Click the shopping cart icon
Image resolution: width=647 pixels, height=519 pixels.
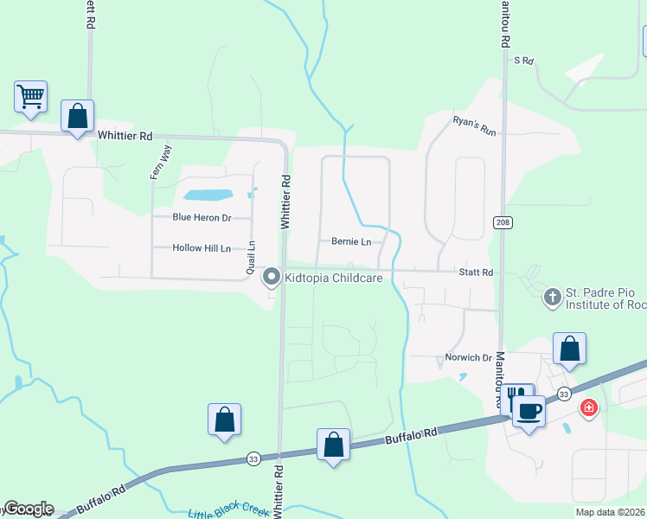coord(31,96)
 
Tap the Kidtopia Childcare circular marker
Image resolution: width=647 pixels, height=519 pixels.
coord(272,278)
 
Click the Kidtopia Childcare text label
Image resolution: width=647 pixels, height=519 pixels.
coord(334,279)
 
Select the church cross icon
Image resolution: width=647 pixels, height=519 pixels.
coord(551,298)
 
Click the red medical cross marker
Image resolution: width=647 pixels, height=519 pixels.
coord(589,407)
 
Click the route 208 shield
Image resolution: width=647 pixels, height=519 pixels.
coord(503,222)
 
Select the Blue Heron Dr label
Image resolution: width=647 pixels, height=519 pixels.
coord(202,218)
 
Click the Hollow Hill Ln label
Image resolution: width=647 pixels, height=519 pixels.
coord(202,248)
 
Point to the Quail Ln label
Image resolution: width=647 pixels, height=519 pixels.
coord(251,257)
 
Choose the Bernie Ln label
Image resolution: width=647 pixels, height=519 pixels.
coord(351,241)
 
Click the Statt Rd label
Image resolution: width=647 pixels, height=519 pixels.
coord(476,272)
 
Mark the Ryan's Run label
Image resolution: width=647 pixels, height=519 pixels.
coord(475,126)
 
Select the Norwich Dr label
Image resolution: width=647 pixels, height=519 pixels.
coord(469,357)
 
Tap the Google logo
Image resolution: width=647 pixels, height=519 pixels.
coord(28,509)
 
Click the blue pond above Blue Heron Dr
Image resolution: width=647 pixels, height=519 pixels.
coord(208,194)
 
